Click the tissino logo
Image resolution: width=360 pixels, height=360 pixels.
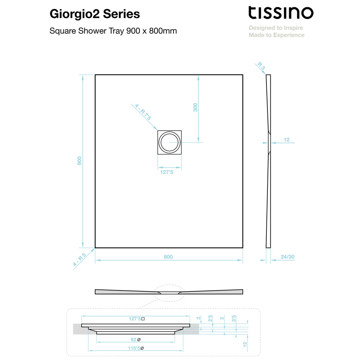pyautogui.click(x=281, y=13)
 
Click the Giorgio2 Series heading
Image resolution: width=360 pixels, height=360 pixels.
pyautogui.click(x=95, y=14)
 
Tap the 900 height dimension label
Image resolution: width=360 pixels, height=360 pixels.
pyautogui.click(x=80, y=161)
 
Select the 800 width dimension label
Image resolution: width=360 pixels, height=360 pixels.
pyautogui.click(x=168, y=257)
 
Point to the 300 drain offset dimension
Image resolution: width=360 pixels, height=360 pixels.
pyautogui.click(x=195, y=107)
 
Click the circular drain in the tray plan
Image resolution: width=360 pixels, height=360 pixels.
pyautogui.click(x=170, y=142)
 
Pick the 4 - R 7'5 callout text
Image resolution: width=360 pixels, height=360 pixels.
pyautogui.click(x=143, y=112)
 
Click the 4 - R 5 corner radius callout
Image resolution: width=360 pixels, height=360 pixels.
pyautogui.click(x=80, y=260)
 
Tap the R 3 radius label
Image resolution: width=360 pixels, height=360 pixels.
pyautogui.click(x=261, y=66)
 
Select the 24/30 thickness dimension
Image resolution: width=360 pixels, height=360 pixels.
pyautogui.click(x=287, y=257)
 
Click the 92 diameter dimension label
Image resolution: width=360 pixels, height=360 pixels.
pyautogui.click(x=134, y=339)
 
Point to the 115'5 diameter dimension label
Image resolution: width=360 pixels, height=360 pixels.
pyautogui.click(x=134, y=348)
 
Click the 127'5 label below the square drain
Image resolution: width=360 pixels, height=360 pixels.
pyautogui.click(x=167, y=172)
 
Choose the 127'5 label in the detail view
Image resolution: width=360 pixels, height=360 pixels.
pyautogui.click(x=135, y=319)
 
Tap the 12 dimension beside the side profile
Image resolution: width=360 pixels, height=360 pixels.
pyautogui.click(x=287, y=140)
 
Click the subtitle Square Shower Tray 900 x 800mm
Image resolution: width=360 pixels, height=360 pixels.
pyautogui.click(x=113, y=31)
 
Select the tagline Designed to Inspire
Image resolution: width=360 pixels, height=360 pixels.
pyautogui.click(x=276, y=28)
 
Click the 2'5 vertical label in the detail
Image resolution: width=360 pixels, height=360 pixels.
pyautogui.click(x=210, y=319)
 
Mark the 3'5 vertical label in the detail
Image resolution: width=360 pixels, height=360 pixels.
pyautogui.click(x=234, y=319)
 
